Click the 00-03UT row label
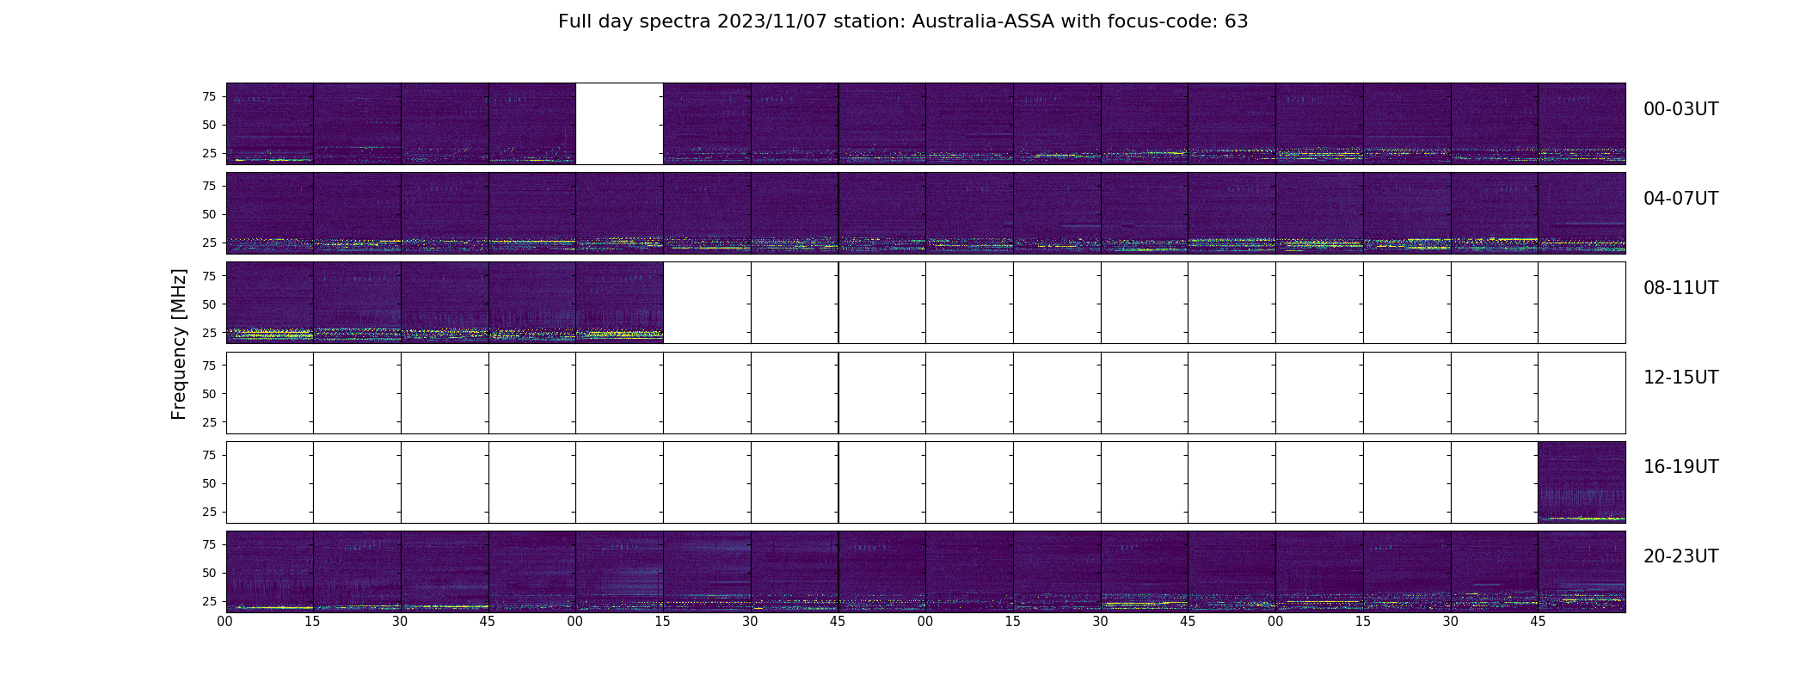pos(1680,109)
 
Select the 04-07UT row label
pos(1680,199)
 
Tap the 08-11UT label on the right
pos(1680,288)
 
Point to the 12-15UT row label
pos(1680,378)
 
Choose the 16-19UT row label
pos(1680,467)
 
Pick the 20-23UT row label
pos(1680,556)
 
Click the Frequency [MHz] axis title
pos(179,344)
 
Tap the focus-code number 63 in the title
pos(1236,21)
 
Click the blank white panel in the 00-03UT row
pos(619,124)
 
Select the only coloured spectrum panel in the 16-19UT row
pos(1582,482)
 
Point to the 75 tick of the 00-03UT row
pos(208,97)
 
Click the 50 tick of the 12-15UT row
pos(208,394)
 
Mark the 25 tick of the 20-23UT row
pos(208,601)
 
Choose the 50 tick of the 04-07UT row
pos(208,215)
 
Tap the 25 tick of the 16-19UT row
pos(208,512)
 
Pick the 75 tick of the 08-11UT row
pos(208,276)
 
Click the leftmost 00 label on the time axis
pos(225,622)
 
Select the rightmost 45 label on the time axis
pos(1538,622)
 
